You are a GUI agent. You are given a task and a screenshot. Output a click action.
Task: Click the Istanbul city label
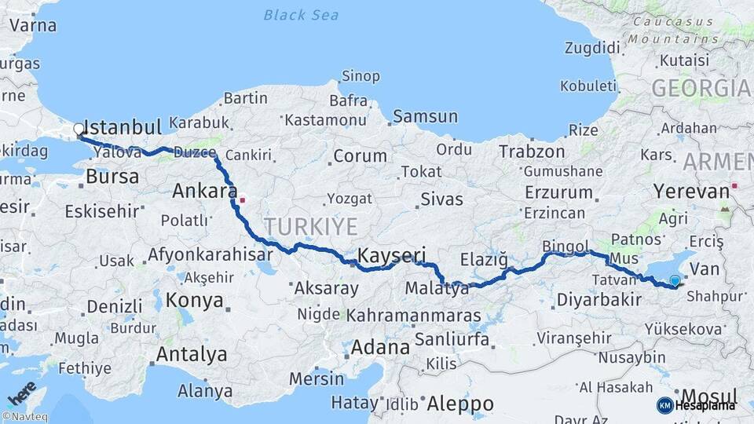click(x=122, y=127)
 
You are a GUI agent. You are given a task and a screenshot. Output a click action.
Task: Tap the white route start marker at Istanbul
click(x=79, y=128)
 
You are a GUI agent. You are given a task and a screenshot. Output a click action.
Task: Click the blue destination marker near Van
click(x=675, y=280)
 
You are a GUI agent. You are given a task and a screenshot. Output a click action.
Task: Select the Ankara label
click(x=205, y=191)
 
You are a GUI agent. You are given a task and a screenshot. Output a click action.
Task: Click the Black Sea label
click(x=302, y=15)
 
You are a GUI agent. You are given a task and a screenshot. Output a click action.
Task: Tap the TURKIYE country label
click(x=310, y=227)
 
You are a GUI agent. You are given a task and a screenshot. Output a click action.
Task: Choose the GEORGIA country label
click(x=701, y=89)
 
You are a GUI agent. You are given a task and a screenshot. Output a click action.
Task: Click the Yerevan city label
click(x=691, y=192)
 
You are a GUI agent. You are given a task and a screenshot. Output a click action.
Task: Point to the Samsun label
click(x=425, y=117)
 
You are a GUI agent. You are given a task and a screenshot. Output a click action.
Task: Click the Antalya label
click(x=191, y=354)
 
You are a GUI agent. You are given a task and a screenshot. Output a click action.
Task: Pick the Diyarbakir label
click(x=598, y=299)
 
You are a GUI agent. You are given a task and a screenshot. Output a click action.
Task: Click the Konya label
click(x=196, y=300)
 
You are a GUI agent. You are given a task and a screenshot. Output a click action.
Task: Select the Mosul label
click(x=710, y=396)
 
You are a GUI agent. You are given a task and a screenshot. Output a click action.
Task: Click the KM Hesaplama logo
click(x=696, y=405)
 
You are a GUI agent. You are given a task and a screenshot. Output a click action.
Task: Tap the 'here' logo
click(x=21, y=389)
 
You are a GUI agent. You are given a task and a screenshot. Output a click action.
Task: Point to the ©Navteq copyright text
click(x=24, y=417)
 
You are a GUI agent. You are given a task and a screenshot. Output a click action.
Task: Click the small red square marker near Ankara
click(x=243, y=199)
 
